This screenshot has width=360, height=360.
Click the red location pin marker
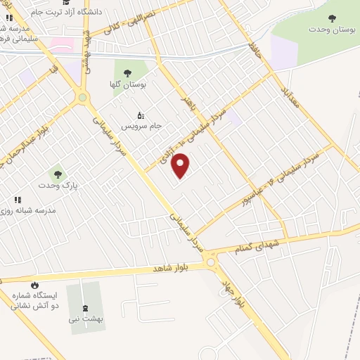[181, 165]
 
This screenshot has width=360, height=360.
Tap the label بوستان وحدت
[332, 30]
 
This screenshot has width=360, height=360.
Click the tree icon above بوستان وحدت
[332, 18]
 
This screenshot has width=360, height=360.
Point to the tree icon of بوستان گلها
[128, 72]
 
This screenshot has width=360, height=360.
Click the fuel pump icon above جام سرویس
[139, 115]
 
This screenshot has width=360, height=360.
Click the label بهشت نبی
[86, 319]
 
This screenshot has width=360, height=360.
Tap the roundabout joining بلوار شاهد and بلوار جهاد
[210, 262]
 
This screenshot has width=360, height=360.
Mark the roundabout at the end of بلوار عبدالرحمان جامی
[82, 98]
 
